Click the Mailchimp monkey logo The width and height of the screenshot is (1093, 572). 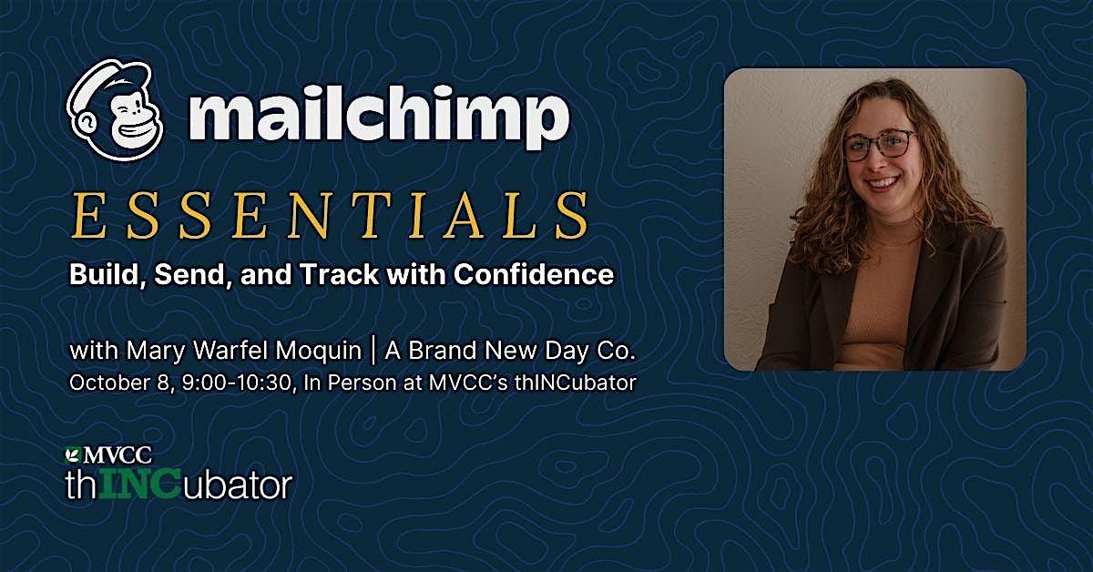[115, 110]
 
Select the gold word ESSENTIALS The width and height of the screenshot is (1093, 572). [330, 216]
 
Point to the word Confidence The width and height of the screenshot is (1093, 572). [534, 274]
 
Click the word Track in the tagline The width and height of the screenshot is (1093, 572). [340, 274]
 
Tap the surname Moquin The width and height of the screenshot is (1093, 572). [319, 351]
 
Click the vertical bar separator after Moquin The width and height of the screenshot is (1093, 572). [373, 351]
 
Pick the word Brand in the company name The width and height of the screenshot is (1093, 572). [442, 351]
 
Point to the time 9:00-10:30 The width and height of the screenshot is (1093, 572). [237, 383]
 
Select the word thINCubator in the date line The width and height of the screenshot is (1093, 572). [576, 383]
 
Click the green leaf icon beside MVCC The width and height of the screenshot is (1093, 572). [73, 455]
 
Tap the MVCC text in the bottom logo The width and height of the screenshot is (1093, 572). [117, 455]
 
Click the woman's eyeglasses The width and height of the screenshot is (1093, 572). [879, 146]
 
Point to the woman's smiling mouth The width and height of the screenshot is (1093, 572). [884, 183]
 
